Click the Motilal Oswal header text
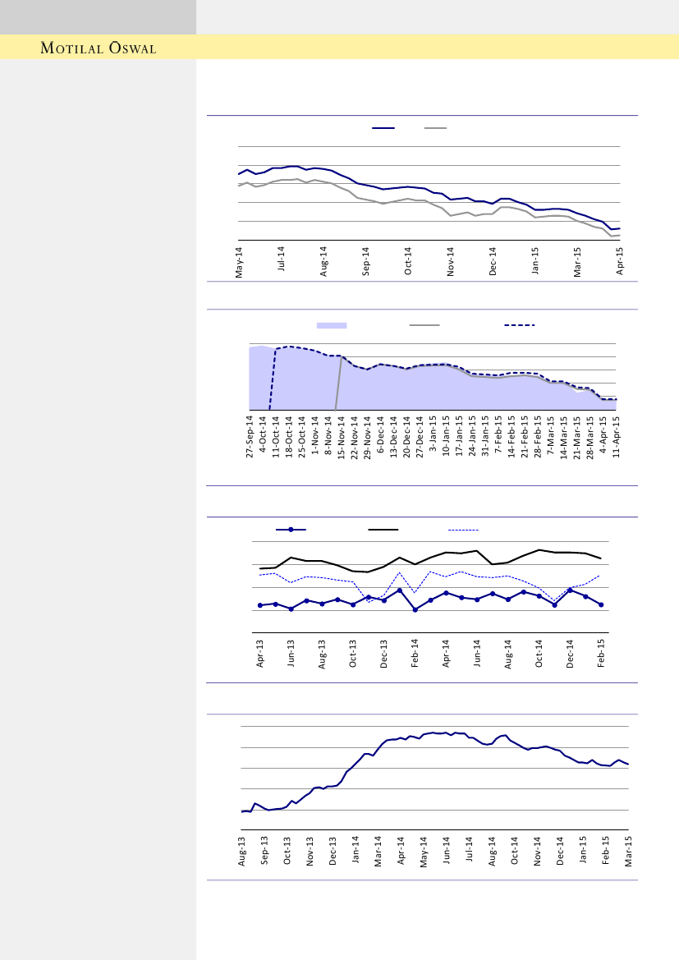click(x=99, y=48)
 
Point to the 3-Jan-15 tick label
click(x=433, y=439)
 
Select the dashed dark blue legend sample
click(x=519, y=325)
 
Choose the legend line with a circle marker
click(x=291, y=530)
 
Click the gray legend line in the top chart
click(x=435, y=128)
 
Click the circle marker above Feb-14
click(x=415, y=609)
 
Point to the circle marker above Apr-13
click(x=260, y=605)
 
